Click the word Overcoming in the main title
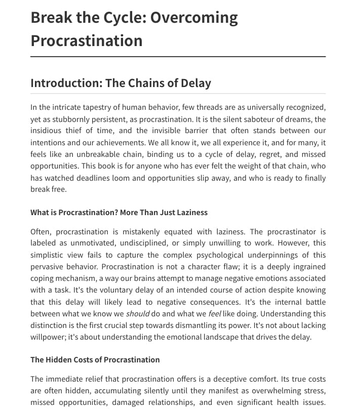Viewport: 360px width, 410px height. click(x=194, y=18)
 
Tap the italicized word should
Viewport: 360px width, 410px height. click(x=137, y=314)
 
